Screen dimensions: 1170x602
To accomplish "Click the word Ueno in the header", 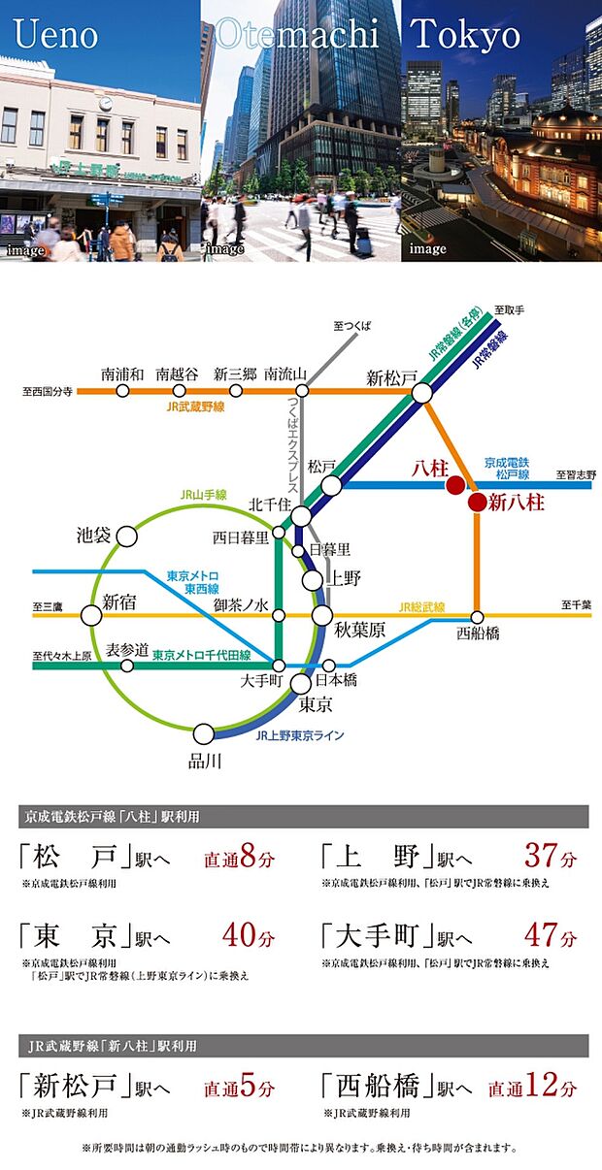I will (56, 35).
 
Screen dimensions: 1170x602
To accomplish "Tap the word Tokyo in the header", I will (466, 35).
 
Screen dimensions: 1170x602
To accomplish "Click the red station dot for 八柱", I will (453, 484).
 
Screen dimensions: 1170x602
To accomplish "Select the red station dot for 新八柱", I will (476, 502).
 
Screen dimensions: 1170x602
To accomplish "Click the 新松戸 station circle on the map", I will (422, 392).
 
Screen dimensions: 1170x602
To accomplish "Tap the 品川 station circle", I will (204, 733).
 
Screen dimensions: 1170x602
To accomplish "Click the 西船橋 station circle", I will (477, 617).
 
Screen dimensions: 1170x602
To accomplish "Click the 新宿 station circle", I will (91, 615).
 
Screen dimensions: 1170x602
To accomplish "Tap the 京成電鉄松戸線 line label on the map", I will (506, 469).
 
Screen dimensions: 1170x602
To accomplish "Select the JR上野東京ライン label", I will (300, 735).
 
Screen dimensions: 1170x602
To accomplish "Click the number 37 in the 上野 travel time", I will (540, 858).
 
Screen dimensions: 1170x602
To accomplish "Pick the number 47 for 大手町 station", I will (540, 937).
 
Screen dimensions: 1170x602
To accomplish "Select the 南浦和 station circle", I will (122, 391).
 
